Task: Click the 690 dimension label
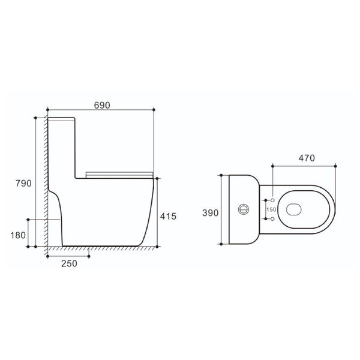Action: pyautogui.click(x=102, y=105)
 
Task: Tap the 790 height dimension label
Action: pyautogui.click(x=23, y=184)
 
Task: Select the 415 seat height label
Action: pyautogui.click(x=168, y=216)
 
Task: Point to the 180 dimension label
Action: pyautogui.click(x=18, y=235)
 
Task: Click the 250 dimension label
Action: pyautogui.click(x=69, y=263)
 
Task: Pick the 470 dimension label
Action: pyautogui.click(x=307, y=158)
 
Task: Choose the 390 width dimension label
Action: pyautogui.click(x=211, y=213)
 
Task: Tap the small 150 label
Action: pyautogui.click(x=271, y=209)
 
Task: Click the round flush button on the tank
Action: pyautogui.click(x=244, y=209)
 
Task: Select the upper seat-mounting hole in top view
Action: pyautogui.click(x=272, y=200)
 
